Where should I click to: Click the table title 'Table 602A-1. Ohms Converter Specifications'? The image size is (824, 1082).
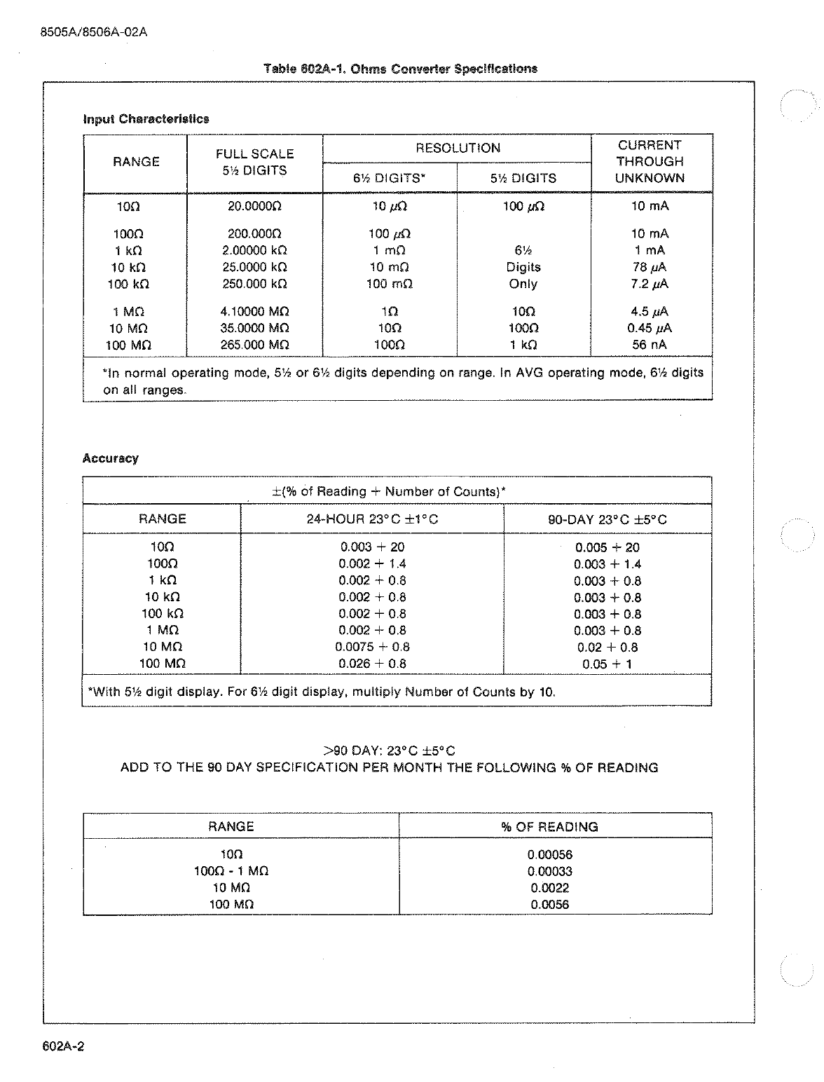point(400,69)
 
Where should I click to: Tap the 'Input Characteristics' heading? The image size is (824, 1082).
point(146,118)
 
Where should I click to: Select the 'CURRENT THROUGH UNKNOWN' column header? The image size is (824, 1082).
point(650,162)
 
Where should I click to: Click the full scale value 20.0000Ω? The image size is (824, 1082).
point(254,207)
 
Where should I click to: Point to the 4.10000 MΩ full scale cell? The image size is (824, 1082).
point(254,312)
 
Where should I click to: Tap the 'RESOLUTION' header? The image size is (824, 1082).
point(458,148)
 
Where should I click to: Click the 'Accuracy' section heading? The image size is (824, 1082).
point(111,458)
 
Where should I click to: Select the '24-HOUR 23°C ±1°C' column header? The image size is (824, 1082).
point(372,519)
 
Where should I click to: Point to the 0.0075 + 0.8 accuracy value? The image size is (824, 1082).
point(372,648)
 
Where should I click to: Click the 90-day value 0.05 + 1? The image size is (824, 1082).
point(607,664)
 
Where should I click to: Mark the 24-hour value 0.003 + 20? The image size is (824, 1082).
point(372,547)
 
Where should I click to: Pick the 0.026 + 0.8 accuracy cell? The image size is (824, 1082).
point(372,664)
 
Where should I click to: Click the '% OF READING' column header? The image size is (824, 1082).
point(549,827)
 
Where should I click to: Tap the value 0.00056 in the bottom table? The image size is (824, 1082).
point(549,855)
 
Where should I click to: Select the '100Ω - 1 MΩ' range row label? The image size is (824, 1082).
point(231,872)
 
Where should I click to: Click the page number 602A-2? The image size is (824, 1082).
point(63,1046)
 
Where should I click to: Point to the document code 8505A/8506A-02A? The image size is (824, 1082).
point(94,32)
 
